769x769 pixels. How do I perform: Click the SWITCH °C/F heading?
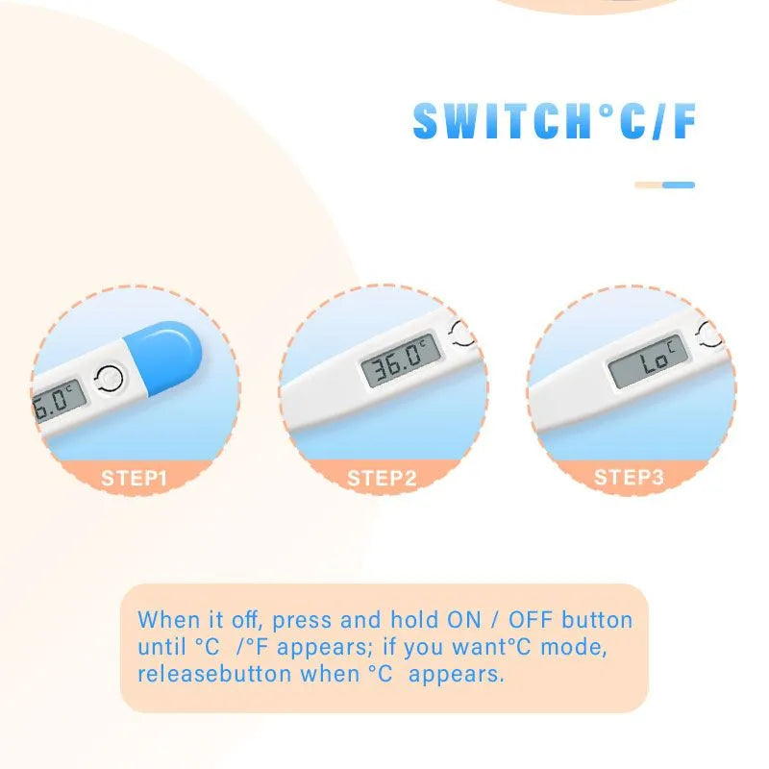click(555, 122)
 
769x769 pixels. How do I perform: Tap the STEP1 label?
click(135, 478)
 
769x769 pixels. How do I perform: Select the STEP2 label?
click(382, 478)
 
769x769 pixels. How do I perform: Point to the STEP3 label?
click(629, 478)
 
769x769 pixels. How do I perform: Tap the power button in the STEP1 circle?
click(111, 379)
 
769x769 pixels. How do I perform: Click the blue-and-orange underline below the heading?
click(664, 185)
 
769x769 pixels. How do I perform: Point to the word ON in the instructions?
click(466, 620)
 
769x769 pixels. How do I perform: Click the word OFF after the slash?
click(530, 620)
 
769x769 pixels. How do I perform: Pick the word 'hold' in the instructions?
click(414, 620)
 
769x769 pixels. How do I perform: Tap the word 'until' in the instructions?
click(161, 647)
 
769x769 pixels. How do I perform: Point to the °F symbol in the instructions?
click(251, 647)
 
